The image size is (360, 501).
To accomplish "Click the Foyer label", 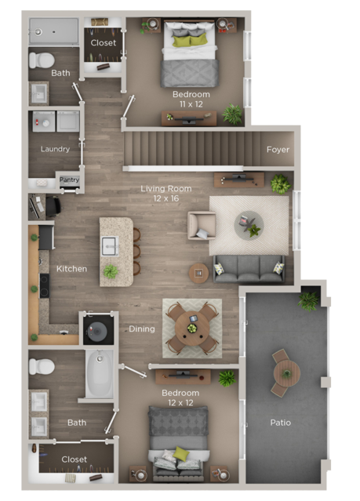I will (278, 149).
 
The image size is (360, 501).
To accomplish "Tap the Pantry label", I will (69, 180).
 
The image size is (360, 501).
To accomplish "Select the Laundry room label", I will (55, 148).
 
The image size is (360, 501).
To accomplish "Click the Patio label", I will (280, 423).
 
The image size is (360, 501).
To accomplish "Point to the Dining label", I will (142, 329).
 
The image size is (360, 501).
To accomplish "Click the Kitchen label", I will (71, 269).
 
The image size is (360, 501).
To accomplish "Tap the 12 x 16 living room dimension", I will (165, 199).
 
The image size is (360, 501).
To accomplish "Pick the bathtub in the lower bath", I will (100, 374).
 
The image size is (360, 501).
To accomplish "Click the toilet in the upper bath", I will (42, 60).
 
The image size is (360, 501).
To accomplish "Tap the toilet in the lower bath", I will (42, 366).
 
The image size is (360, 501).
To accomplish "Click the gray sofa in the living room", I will (249, 268).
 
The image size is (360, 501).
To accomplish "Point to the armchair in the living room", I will (201, 225).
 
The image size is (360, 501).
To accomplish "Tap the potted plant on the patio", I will (309, 300).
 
